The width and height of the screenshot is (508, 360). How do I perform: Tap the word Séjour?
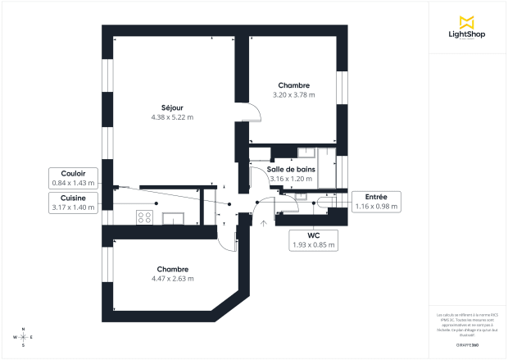(x=172, y=107)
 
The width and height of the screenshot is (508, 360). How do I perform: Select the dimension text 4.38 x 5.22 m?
(x=172, y=117)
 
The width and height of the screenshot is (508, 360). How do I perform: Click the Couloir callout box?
(x=74, y=178)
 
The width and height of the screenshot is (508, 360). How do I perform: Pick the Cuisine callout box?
(x=74, y=203)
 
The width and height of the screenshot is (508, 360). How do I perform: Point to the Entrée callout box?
(x=375, y=201)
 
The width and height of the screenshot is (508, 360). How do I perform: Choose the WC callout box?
(x=314, y=239)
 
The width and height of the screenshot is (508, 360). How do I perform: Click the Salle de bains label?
(x=291, y=169)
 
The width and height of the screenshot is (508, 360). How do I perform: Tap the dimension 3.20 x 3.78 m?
(x=293, y=95)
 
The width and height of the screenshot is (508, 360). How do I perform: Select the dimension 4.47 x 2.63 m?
(x=173, y=279)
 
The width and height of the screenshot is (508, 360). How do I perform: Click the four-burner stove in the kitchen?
(x=146, y=217)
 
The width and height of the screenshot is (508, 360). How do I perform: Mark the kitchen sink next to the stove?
(x=175, y=218)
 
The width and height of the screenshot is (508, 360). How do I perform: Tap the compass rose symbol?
(x=23, y=337)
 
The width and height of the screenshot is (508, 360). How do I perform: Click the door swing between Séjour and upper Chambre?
(x=251, y=116)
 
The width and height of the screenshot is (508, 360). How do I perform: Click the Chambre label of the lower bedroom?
(x=173, y=269)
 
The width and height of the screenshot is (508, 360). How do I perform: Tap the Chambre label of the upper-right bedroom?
(x=293, y=85)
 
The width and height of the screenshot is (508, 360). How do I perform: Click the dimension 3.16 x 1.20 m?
(x=291, y=179)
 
